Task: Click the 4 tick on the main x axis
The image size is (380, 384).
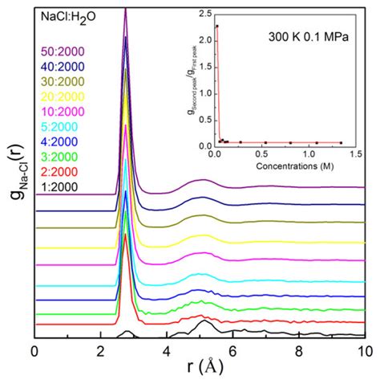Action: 167,350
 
